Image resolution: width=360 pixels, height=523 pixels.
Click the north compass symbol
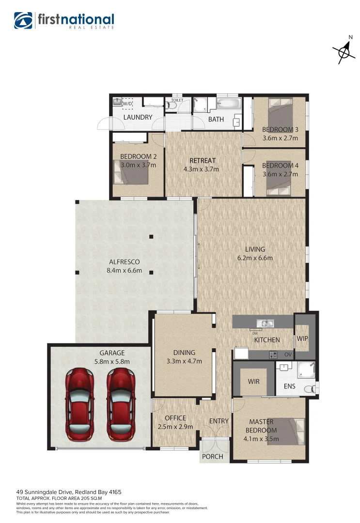[x=344, y=50]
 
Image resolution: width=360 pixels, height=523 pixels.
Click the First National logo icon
[x=23, y=21]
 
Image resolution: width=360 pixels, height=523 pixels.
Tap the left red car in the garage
[x=80, y=404]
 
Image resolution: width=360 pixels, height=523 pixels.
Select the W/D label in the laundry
[x=127, y=104]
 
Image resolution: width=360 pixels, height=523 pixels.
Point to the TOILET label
[x=177, y=100]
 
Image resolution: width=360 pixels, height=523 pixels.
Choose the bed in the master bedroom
[x=289, y=431]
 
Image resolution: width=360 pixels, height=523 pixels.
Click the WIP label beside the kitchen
[x=303, y=338]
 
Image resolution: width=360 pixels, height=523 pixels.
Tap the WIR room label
[x=253, y=382]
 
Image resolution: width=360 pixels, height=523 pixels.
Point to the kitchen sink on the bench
[x=266, y=323]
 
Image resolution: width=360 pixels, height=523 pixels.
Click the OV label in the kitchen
[x=287, y=354]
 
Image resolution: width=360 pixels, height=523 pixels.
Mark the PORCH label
[x=213, y=456]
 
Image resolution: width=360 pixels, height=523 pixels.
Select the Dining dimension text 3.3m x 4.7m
[x=185, y=361]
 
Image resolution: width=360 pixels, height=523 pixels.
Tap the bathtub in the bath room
[x=227, y=104]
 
